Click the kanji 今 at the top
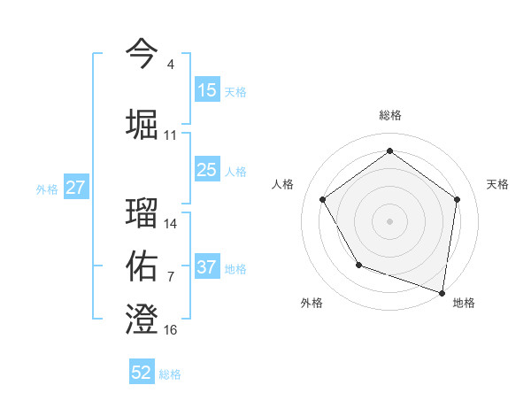point(142,52)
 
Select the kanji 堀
point(142,124)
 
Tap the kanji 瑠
point(142,212)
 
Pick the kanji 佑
point(142,266)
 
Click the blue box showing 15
point(207,89)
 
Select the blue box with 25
point(207,170)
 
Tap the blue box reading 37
point(207,267)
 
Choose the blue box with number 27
point(76,188)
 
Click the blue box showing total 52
point(142,373)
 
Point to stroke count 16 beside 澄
point(171,330)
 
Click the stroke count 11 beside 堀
point(171,135)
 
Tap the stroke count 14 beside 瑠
point(171,224)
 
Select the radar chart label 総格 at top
point(390,115)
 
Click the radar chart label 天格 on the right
point(498,184)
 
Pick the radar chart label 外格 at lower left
point(312,303)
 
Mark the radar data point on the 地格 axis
point(442,291)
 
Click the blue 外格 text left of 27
point(47,189)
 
